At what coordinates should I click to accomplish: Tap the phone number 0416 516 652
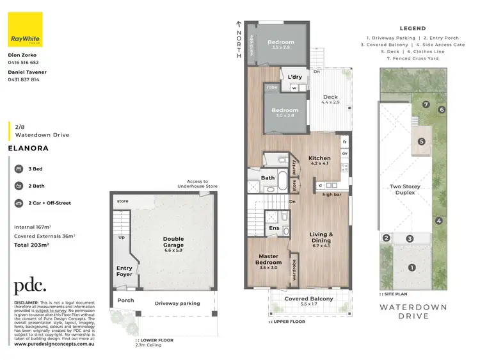point(24,63)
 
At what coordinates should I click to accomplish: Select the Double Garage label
point(173,242)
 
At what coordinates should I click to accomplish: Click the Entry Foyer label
point(124,272)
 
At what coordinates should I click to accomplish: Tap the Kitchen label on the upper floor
point(319,158)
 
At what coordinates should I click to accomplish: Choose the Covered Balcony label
point(308,299)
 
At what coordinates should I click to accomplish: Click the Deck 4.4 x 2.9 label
point(330,100)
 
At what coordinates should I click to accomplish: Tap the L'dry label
point(295,77)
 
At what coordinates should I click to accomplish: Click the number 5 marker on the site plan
point(421,141)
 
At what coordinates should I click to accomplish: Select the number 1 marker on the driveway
point(412,267)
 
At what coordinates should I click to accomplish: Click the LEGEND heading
point(413,29)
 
